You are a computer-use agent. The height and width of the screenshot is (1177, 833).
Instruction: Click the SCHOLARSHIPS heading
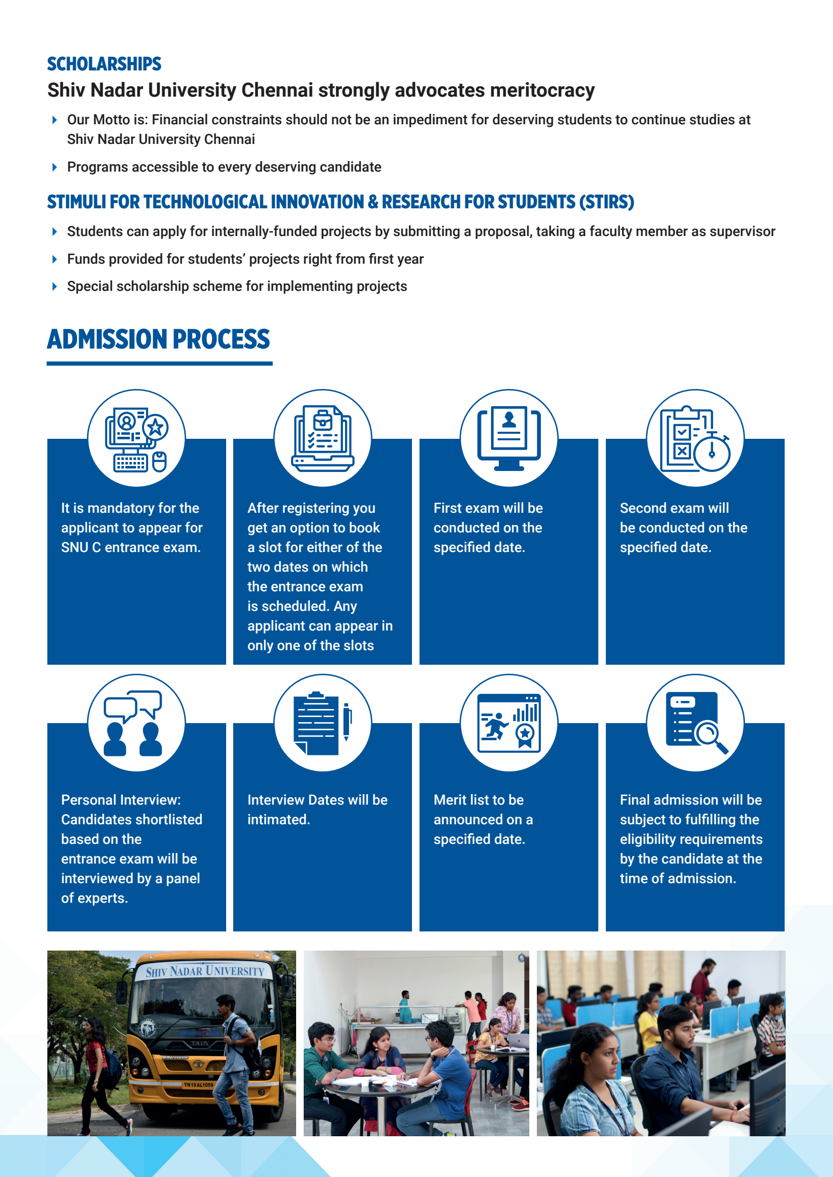click(104, 64)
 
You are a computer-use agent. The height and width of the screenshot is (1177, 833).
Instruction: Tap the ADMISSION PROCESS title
click(159, 339)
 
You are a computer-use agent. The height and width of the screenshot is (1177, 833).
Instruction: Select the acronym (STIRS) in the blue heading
click(607, 202)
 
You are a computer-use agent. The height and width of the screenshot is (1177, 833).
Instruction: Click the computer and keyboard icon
click(136, 439)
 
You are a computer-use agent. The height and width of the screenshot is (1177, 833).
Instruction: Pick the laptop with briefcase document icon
click(323, 439)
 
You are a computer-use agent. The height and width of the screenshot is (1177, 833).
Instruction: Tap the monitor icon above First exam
click(509, 439)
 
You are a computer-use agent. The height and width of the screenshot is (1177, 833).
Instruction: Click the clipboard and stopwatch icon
click(695, 439)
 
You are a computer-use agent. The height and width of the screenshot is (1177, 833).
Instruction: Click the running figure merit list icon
click(509, 723)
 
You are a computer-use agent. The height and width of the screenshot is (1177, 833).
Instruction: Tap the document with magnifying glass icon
click(695, 723)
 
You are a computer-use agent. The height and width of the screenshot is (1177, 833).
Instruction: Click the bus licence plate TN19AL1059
click(198, 1085)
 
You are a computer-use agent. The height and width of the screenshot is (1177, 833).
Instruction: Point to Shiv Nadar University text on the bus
click(205, 971)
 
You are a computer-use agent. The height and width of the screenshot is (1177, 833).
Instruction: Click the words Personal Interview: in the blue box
click(121, 800)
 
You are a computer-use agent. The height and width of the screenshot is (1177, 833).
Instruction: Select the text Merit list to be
click(478, 800)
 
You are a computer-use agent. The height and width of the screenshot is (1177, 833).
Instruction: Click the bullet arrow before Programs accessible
click(55, 167)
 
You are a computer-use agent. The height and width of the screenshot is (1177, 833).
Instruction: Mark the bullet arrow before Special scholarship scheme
click(55, 286)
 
